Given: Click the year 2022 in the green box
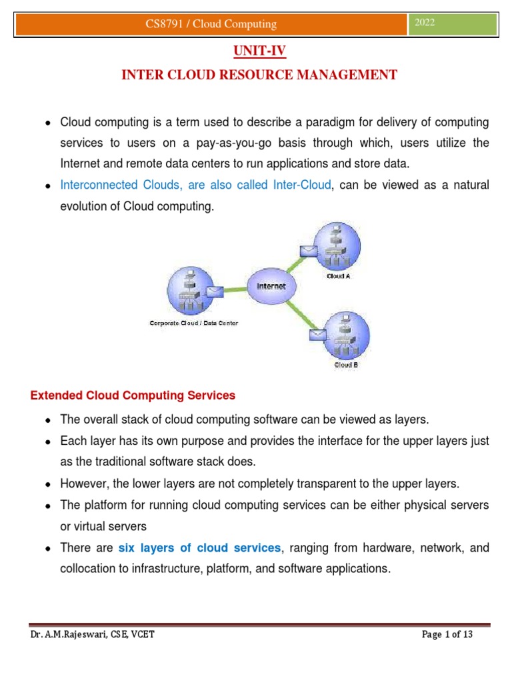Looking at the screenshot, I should click(425, 23).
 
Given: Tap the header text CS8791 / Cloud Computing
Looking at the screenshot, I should click(211, 24).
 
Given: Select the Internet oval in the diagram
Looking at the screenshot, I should click(270, 285).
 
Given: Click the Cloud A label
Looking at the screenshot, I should click(339, 275).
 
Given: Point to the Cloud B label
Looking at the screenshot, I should click(346, 365).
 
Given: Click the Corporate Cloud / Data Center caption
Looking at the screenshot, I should click(193, 323).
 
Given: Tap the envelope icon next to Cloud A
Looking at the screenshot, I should click(309, 251).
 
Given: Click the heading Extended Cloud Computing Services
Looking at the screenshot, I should click(133, 396).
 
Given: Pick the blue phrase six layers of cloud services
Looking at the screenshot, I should click(199, 548).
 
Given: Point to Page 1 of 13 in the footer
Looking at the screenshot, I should click(447, 634).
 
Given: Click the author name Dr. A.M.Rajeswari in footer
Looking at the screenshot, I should click(65, 634).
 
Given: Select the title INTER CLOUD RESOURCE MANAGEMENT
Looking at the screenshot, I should click(259, 75).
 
